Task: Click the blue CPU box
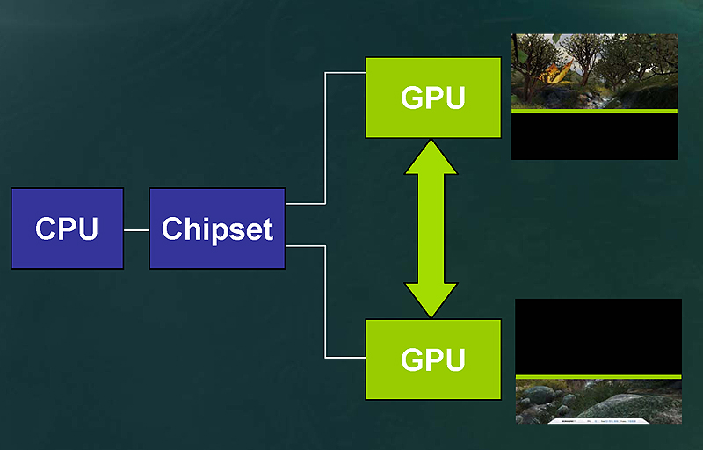67,229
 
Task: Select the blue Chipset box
217,229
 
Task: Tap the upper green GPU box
432,98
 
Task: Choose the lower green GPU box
432,359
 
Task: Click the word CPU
67,229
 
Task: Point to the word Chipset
217,229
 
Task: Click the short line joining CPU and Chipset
136,229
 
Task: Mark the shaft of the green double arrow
431,229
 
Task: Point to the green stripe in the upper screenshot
594,112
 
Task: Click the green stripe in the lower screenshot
598,376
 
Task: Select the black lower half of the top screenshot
594,137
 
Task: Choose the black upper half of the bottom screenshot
598,336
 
